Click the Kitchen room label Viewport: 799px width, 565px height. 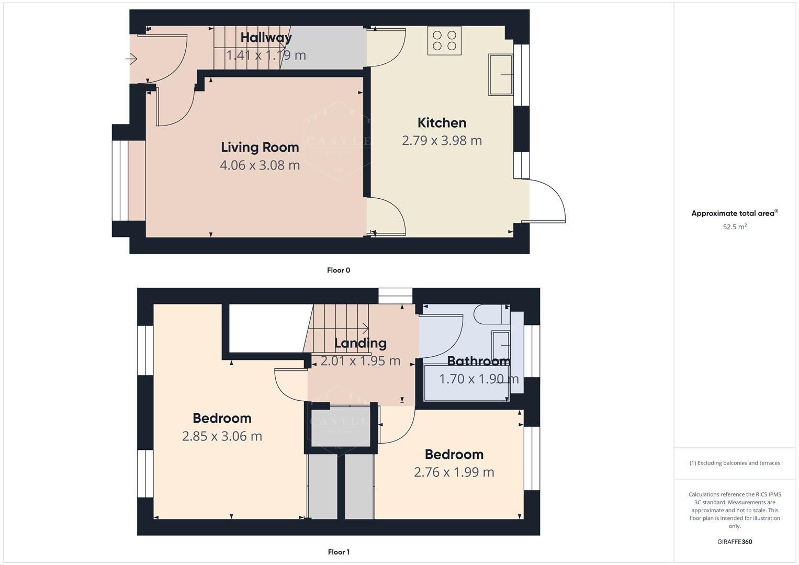coord(442,123)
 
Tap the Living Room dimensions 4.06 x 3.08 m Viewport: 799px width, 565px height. coord(260,165)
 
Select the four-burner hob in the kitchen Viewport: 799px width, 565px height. coord(444,41)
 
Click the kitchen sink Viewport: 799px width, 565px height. coord(501,74)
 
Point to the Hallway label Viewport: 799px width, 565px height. coord(266,38)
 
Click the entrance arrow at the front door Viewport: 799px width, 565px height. coord(131,60)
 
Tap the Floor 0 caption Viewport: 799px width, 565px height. coord(339,270)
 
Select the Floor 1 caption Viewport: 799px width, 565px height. coord(339,552)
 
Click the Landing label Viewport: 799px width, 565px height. coord(360,343)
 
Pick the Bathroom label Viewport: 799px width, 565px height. coord(478,361)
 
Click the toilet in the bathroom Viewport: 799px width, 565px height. coord(491,314)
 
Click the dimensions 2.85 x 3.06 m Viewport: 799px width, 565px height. coord(222,436)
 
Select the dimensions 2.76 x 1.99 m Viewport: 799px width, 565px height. coord(454,472)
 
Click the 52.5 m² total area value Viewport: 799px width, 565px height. coord(735,227)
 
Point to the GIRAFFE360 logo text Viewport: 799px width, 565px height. coord(735,541)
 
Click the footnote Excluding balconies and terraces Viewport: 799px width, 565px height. coord(735,463)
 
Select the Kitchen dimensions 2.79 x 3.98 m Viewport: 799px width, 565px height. coord(442,141)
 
